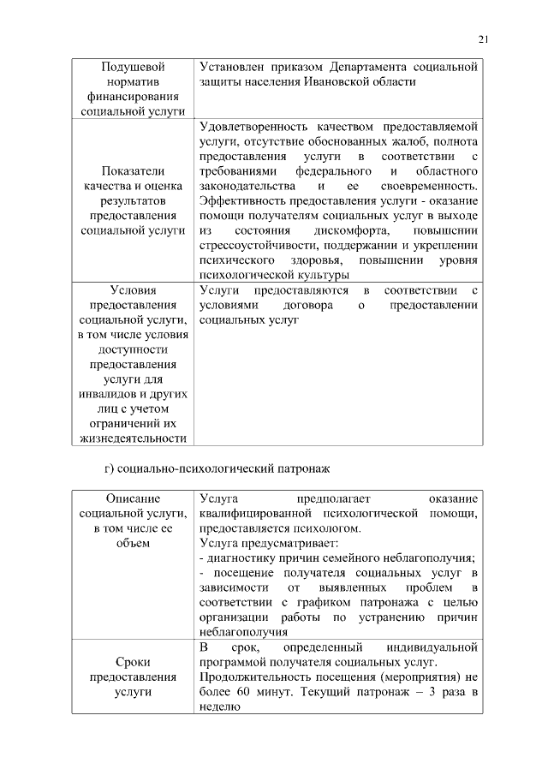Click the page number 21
(x=483, y=39)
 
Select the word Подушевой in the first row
(x=133, y=66)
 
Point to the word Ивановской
(x=337, y=81)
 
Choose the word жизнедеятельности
(x=133, y=439)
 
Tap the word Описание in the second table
(x=133, y=498)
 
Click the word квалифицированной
(x=251, y=513)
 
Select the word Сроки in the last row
(x=133, y=662)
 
